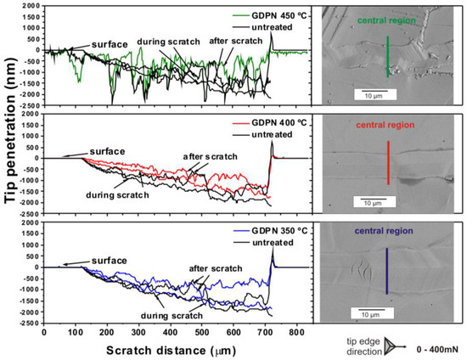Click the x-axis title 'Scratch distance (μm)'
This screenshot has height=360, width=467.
coord(174,349)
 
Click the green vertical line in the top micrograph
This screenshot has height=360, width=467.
coord(388,56)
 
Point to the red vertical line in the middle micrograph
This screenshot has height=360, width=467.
coord(388,162)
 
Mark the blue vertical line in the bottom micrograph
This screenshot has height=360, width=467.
coord(388,271)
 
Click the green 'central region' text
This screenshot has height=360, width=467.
coord(387,19)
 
